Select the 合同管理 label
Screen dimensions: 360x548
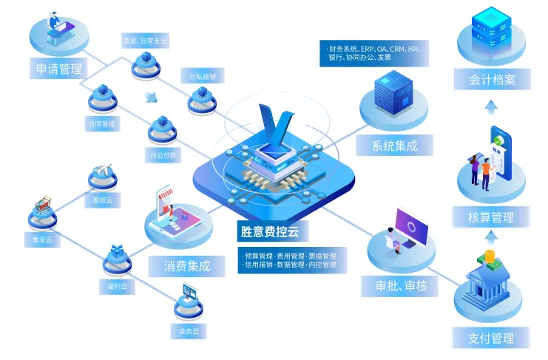click(x=101, y=124)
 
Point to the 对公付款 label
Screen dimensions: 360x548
click(x=163, y=156)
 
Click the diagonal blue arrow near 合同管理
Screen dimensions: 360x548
click(x=151, y=97)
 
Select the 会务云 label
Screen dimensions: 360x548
click(x=189, y=331)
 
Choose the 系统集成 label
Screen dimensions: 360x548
click(x=395, y=146)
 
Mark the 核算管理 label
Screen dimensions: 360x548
click(x=491, y=217)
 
